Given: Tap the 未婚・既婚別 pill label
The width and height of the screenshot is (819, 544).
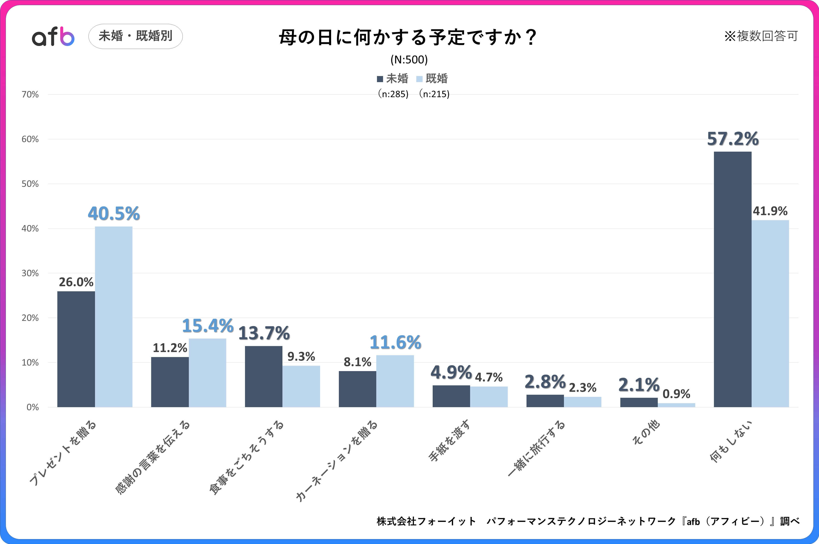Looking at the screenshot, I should click(x=135, y=36).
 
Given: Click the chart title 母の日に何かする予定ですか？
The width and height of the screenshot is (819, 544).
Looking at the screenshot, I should click(x=408, y=37).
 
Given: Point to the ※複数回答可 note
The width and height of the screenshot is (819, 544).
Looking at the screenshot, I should click(x=761, y=36).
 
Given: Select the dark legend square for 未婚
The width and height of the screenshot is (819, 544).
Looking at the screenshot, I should click(x=380, y=79).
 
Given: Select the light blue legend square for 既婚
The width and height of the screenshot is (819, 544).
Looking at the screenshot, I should click(x=419, y=79).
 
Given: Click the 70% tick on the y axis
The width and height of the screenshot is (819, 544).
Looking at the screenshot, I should click(x=30, y=94).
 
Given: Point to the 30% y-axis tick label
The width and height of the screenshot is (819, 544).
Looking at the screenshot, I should click(x=30, y=273).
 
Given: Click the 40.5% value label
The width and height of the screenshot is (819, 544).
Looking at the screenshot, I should click(x=114, y=213).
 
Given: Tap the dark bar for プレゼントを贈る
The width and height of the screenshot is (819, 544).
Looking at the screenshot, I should click(x=76, y=349).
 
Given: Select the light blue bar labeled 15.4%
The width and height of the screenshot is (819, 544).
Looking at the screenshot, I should click(x=207, y=373).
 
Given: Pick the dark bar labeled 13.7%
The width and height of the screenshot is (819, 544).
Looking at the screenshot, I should click(x=264, y=376).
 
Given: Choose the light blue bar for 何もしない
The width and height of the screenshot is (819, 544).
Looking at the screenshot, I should click(x=770, y=313).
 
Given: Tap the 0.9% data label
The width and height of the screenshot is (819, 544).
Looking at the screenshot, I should click(x=676, y=394).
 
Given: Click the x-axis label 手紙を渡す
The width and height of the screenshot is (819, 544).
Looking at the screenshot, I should click(x=449, y=441).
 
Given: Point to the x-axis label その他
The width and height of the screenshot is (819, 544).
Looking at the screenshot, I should click(x=646, y=432).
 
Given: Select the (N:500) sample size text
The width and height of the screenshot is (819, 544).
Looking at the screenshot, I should click(x=409, y=60).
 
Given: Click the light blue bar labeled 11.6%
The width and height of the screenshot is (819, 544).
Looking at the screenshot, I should click(x=395, y=381).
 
